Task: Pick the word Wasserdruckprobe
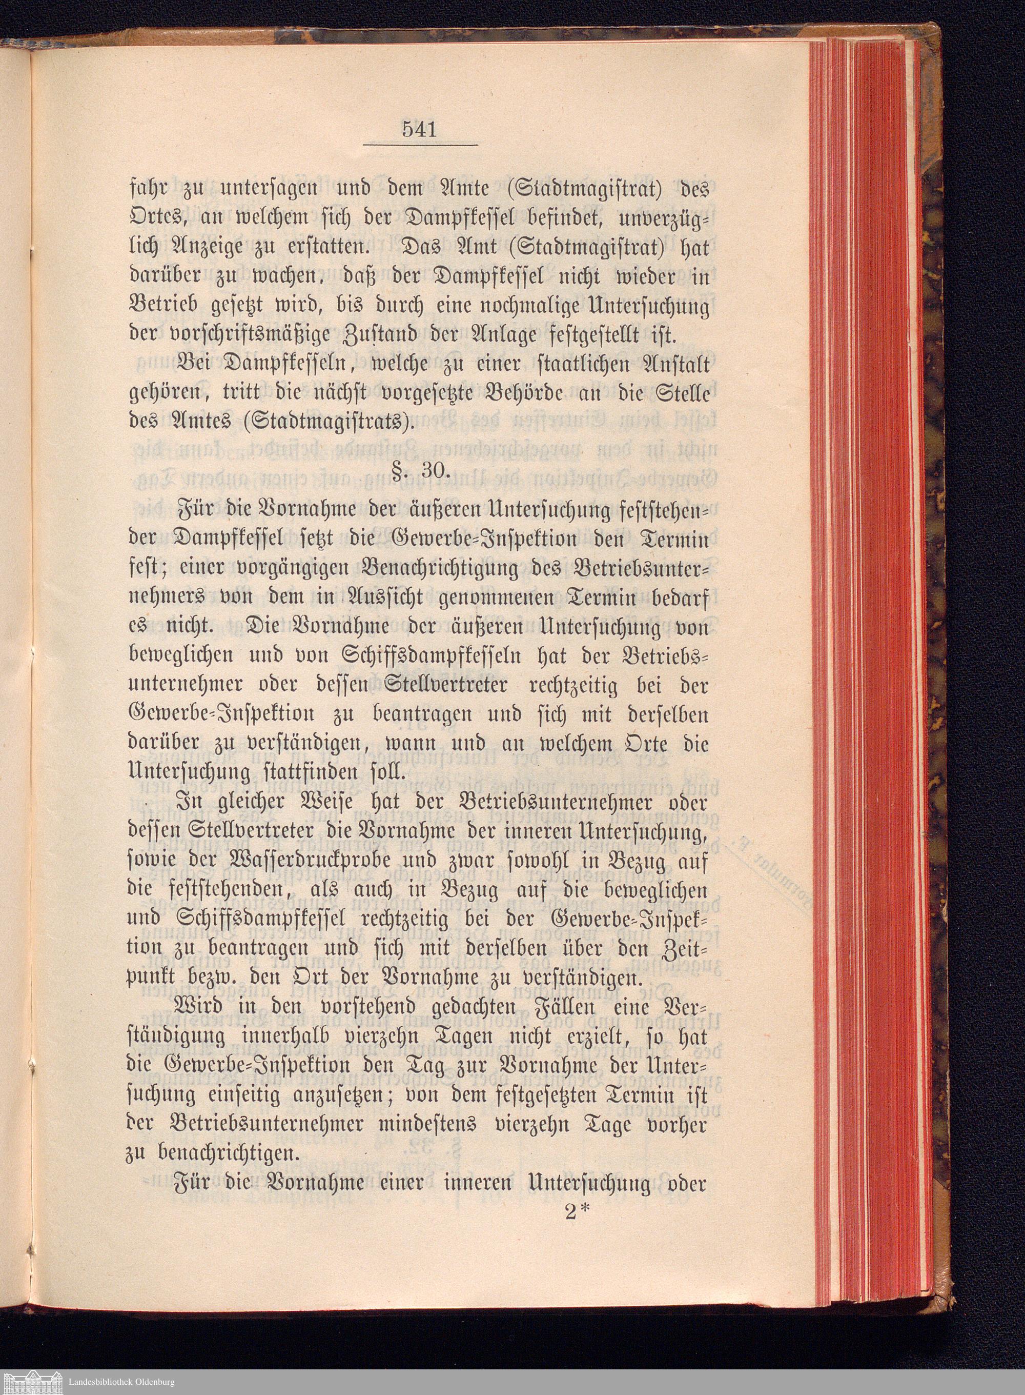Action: click(269, 865)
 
